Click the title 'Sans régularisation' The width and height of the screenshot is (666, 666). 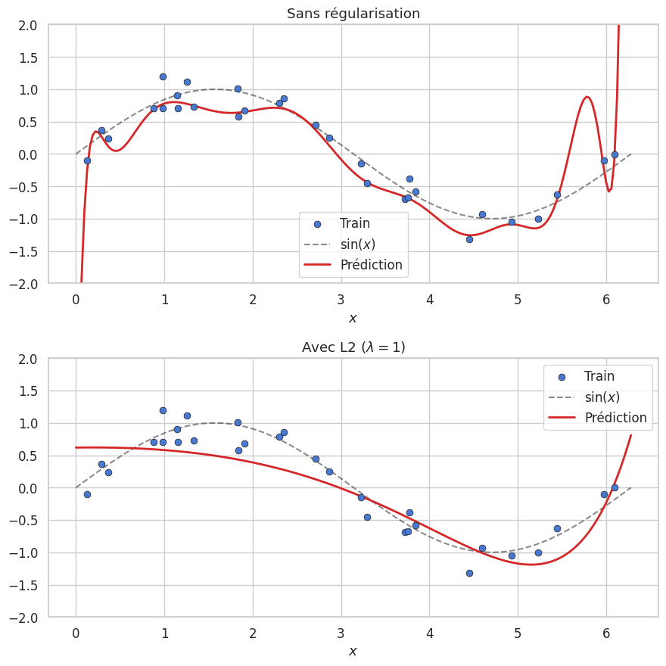click(353, 14)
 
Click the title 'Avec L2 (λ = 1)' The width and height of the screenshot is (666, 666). click(353, 347)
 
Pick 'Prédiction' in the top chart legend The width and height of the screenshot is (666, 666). click(371, 265)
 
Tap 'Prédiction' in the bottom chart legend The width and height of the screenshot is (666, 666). click(615, 418)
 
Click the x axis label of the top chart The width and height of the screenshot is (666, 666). click(353, 318)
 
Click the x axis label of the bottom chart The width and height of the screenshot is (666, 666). click(353, 652)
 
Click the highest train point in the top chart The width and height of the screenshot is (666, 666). click(163, 76)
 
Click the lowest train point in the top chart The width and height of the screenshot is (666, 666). click(469, 239)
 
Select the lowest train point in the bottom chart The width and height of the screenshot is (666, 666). click(469, 573)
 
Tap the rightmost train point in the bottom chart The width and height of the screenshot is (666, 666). click(615, 488)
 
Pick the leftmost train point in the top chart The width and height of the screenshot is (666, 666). click(87, 160)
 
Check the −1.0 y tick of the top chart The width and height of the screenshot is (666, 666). click(27, 219)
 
